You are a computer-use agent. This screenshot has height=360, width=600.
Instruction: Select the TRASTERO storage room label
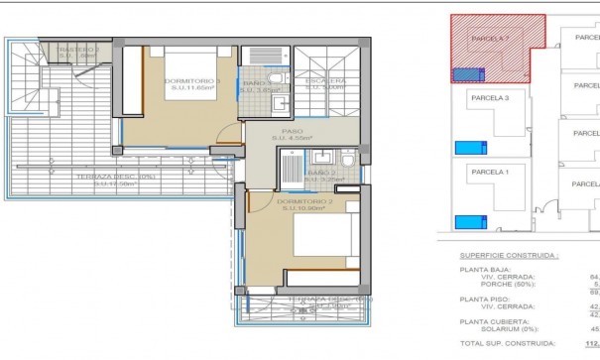[x=78, y=51]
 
